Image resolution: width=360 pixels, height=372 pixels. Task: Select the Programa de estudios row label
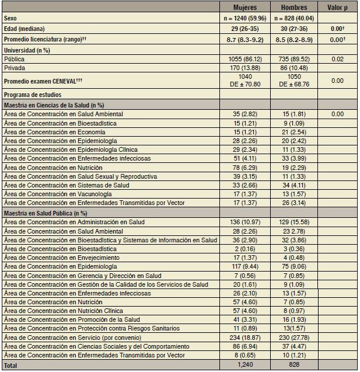pyautogui.click(x=32, y=95)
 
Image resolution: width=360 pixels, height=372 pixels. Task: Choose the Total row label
pyautogui.click(x=12, y=364)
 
